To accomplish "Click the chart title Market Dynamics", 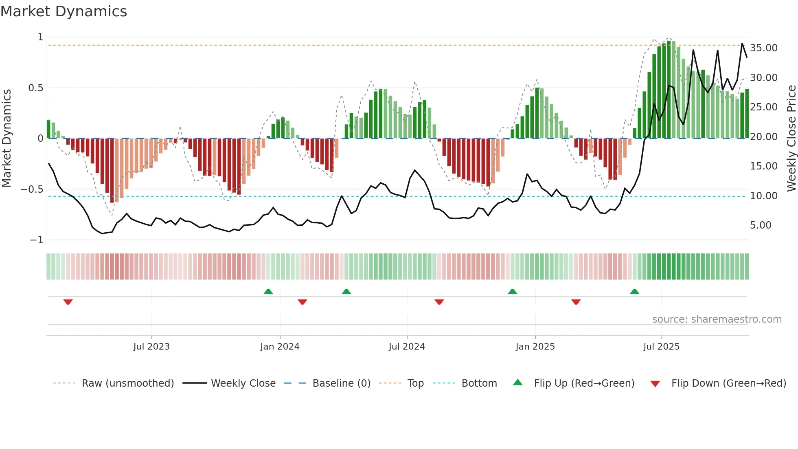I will point(64,11).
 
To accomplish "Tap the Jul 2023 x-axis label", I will point(151,347).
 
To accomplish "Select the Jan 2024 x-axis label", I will point(280,347).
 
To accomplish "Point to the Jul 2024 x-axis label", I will point(407,347).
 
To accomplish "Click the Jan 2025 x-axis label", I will point(535,347).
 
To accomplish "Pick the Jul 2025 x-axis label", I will point(661,347).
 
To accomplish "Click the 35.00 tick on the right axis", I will point(763,48).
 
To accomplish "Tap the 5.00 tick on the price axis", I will point(760,225).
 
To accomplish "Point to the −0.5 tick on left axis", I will point(32,189).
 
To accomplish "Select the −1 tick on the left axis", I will point(36,240).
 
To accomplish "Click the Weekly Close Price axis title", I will point(791,138).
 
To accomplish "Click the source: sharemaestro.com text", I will point(717,319).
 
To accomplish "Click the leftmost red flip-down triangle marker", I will point(68,302).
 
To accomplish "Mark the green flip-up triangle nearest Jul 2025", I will point(634,291).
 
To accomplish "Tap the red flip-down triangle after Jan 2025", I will point(576,302).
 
